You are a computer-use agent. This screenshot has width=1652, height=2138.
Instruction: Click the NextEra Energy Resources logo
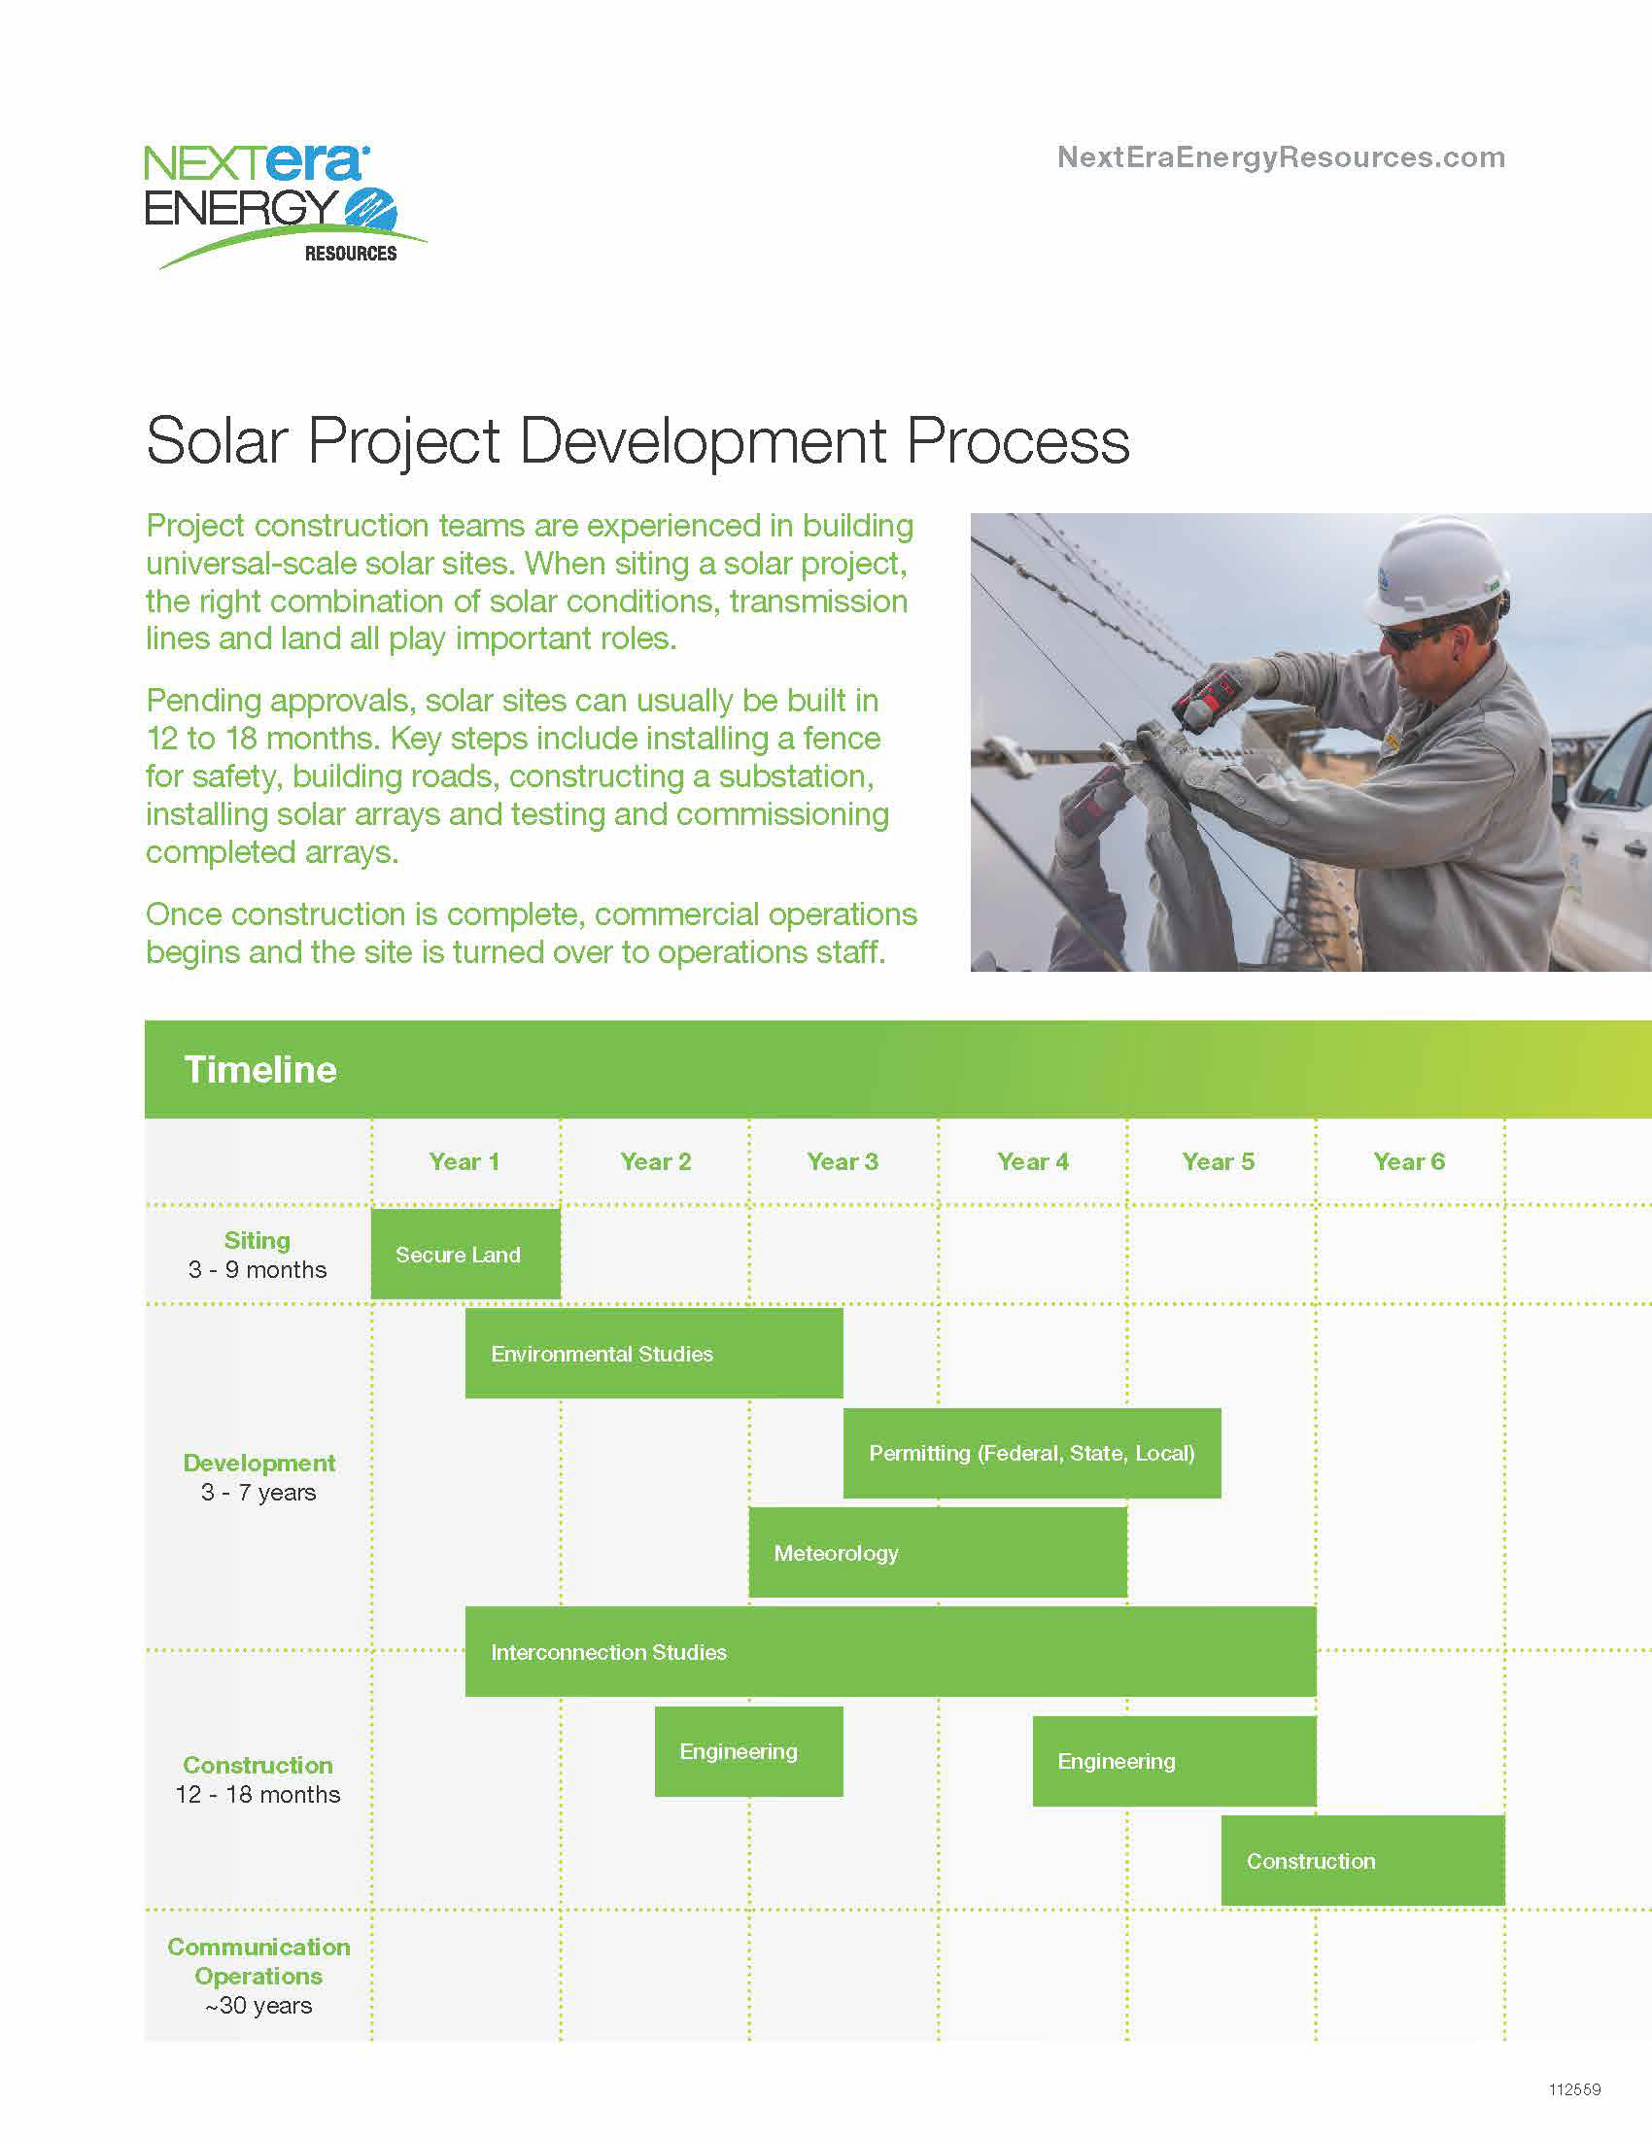coord(285,207)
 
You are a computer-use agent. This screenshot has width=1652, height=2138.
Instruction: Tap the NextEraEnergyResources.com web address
coord(1281,157)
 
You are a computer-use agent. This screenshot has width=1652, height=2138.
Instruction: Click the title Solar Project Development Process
coord(638,440)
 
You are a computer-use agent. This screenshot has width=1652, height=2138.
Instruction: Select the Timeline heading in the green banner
coord(260,1069)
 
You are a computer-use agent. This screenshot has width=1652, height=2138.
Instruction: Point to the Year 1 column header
coord(464,1162)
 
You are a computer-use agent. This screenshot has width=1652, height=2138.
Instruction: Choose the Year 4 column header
coord(1032,1162)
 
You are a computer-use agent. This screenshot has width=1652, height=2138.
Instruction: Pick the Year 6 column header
coord(1408,1162)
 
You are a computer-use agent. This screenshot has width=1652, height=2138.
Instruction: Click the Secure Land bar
coord(465,1254)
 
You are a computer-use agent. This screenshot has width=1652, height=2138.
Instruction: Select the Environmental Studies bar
coord(654,1354)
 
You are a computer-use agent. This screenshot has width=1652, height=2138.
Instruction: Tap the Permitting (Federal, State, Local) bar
coord(1032,1453)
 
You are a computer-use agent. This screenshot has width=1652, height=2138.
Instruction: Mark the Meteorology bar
coord(938,1553)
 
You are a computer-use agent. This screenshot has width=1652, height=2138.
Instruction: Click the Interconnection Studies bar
coord(890,1651)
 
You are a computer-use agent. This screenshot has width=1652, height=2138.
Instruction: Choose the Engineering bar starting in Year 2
coord(748,1751)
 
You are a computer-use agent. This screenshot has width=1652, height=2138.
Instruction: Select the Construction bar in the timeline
coord(1363,1860)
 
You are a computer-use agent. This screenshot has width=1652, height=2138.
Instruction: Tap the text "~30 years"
coord(258,2005)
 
